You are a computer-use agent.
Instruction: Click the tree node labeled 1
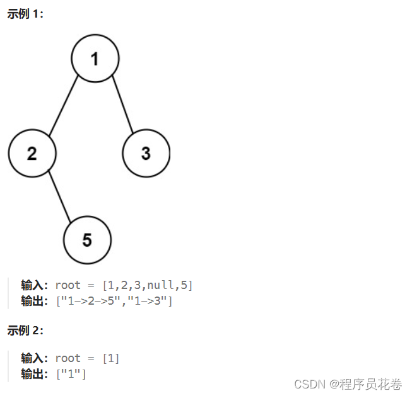coord(95,59)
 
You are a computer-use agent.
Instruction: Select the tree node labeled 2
coord(32,153)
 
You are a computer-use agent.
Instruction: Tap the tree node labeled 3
coord(146,153)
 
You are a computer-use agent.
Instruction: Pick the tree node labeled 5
coord(87,240)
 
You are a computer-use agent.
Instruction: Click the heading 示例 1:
coord(25,14)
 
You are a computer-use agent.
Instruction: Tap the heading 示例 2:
coord(25,330)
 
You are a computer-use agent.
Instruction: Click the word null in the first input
coord(160,285)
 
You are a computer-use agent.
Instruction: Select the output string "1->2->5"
coord(89,301)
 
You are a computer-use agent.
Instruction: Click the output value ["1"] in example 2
coord(71,374)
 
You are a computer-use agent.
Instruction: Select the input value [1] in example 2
coord(111,358)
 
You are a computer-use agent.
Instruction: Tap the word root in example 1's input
coord(68,285)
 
